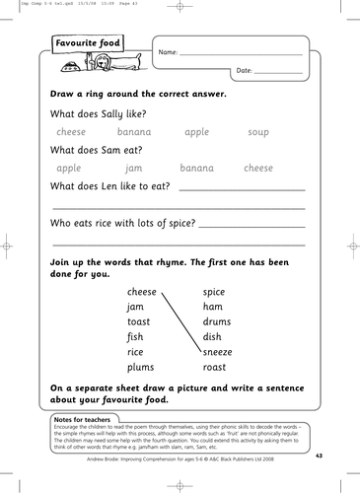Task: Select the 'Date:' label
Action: (x=246, y=71)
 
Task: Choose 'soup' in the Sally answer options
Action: (x=258, y=131)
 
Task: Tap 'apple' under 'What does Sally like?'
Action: (x=197, y=131)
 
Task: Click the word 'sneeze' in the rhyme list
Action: (x=219, y=351)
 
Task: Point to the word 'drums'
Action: (x=217, y=322)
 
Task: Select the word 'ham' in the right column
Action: (x=212, y=308)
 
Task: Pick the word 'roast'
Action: (x=215, y=366)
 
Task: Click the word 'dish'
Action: (x=212, y=337)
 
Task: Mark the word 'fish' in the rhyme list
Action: (x=135, y=337)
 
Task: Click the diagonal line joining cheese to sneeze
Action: (x=179, y=321)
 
